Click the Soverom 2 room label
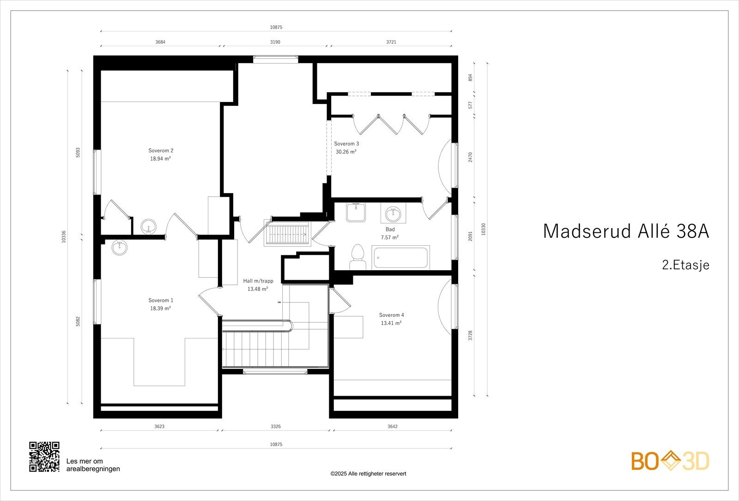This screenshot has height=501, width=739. pos(161,151)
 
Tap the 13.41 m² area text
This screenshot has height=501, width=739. pos(391,323)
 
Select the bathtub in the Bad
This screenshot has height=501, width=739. pos(400,258)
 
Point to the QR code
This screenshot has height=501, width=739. pos(44,457)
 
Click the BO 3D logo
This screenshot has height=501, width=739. pos(670,461)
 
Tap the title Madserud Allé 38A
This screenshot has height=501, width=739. pos(625,231)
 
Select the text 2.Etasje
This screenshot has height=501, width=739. pos(685,265)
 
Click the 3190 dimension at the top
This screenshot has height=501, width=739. pos(275,42)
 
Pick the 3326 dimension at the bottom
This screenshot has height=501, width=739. pos(275,427)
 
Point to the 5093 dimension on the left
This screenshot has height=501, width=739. pos(78,152)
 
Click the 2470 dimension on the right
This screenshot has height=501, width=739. pos(471,157)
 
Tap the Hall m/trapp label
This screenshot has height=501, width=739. pos(258,281)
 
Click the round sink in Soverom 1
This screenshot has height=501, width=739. pos(120,247)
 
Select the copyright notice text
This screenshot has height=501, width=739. pos(368,474)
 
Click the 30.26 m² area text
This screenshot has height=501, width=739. pos(346,151)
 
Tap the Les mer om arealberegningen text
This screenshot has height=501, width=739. pos(93,465)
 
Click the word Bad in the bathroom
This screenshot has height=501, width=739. pos(390,229)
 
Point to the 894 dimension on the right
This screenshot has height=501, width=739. pos(471,77)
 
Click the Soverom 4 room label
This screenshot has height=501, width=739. pos(391,315)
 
